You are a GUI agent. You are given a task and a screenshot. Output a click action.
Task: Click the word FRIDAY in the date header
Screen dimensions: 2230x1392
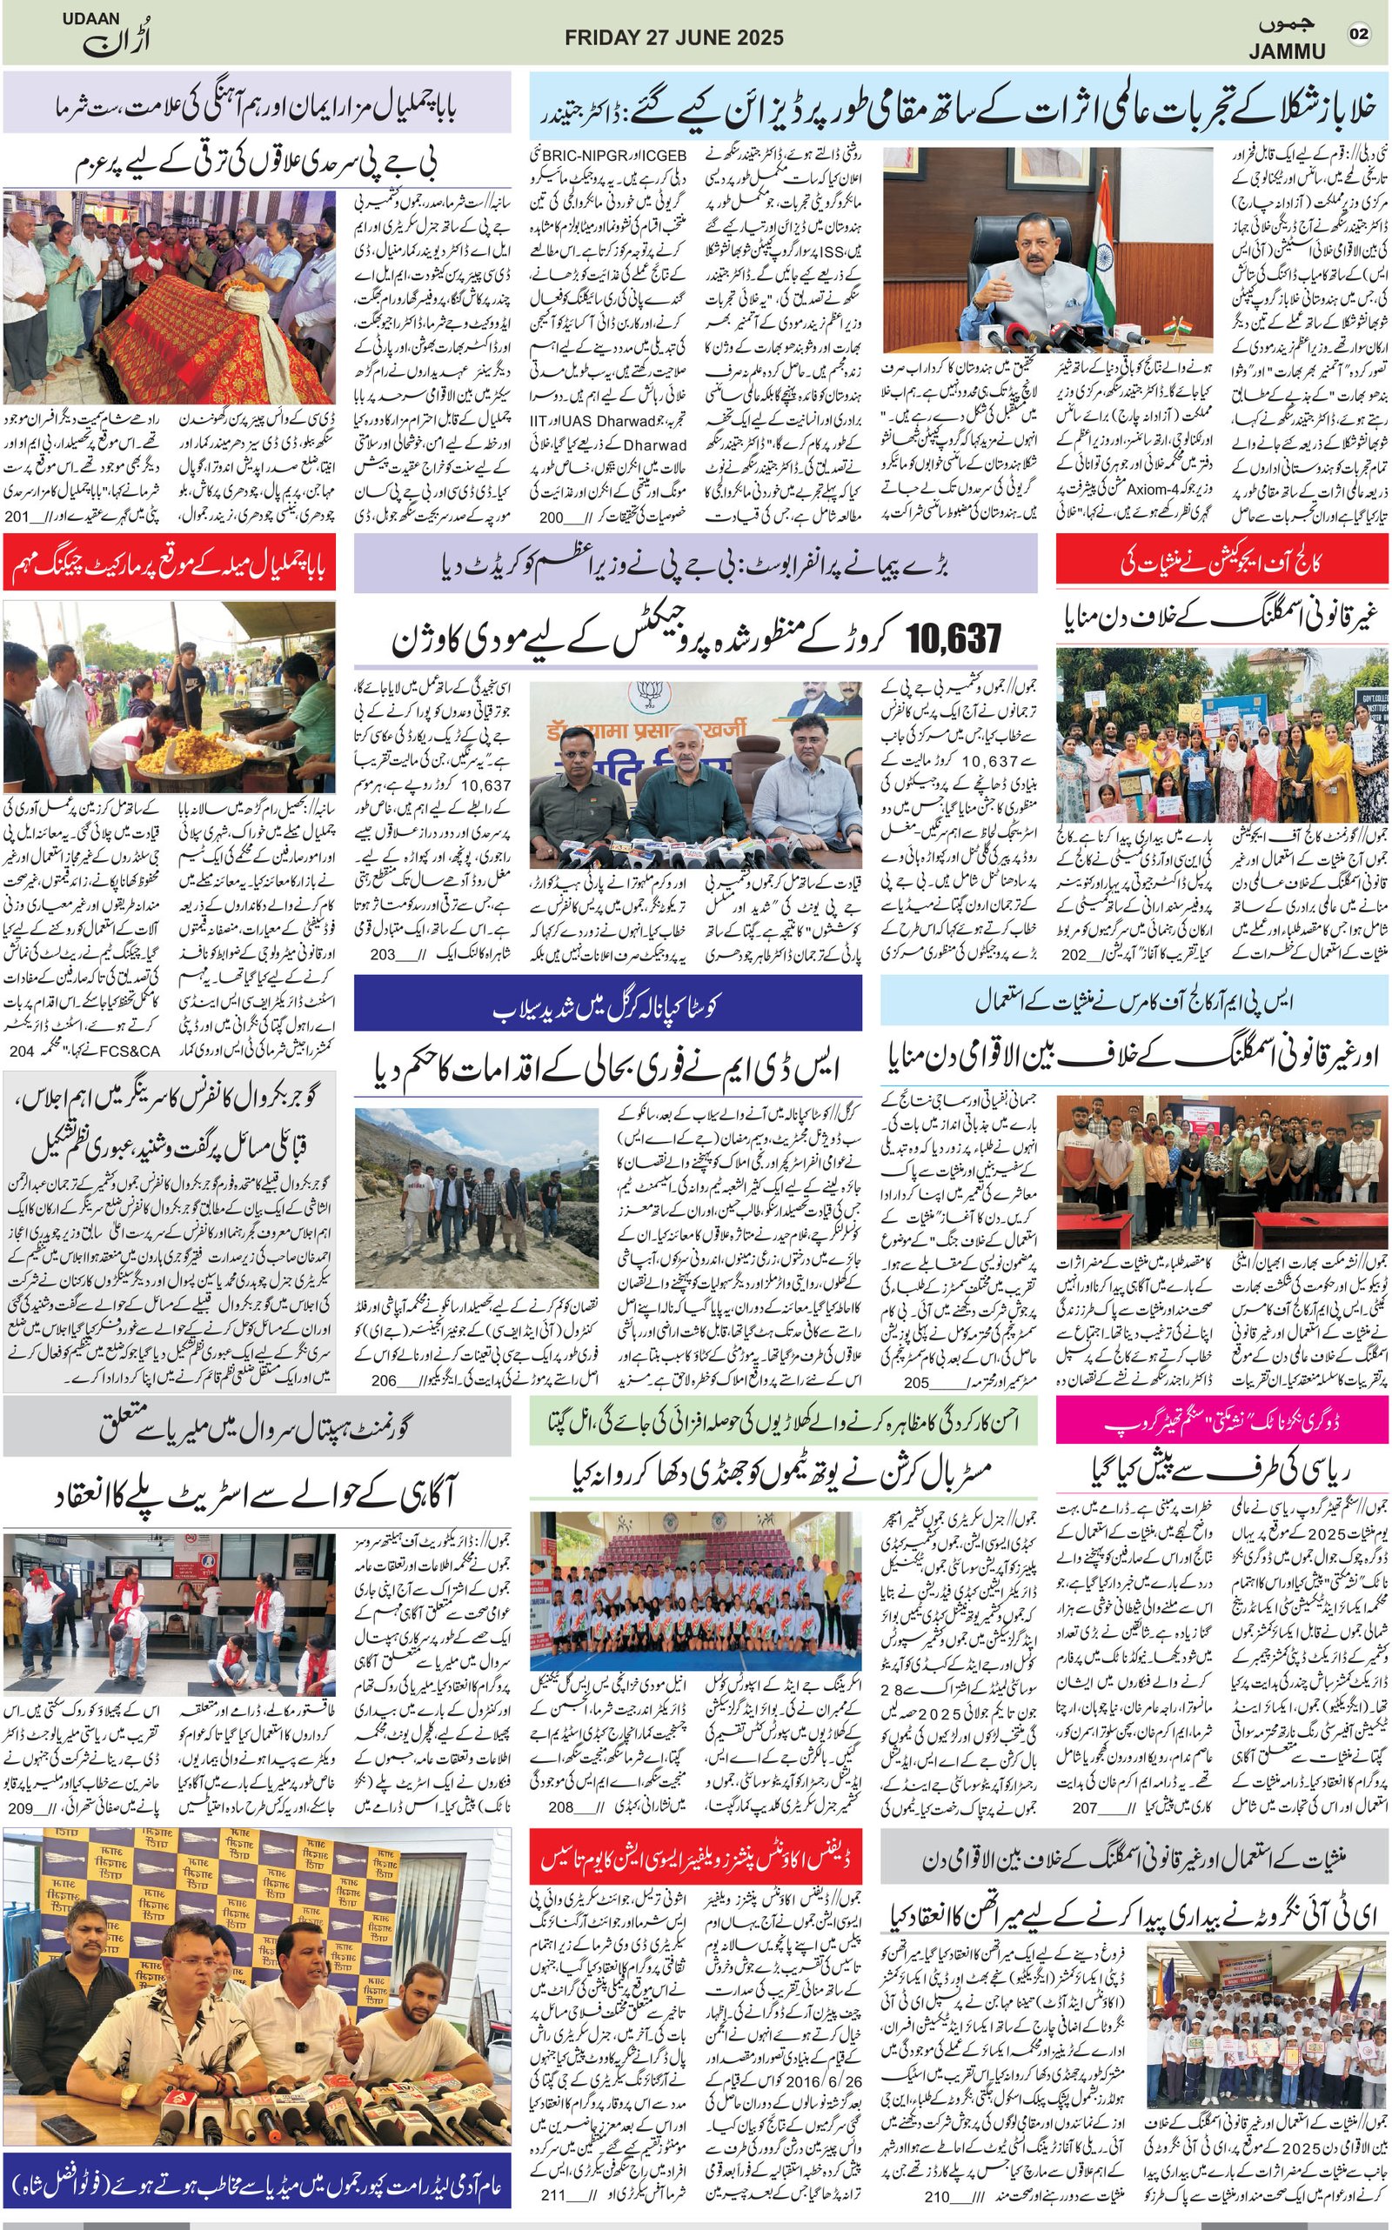599,37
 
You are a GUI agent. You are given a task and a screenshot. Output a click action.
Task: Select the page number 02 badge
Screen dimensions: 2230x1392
1358,34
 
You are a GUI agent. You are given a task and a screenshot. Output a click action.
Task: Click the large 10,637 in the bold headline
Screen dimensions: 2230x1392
953,638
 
